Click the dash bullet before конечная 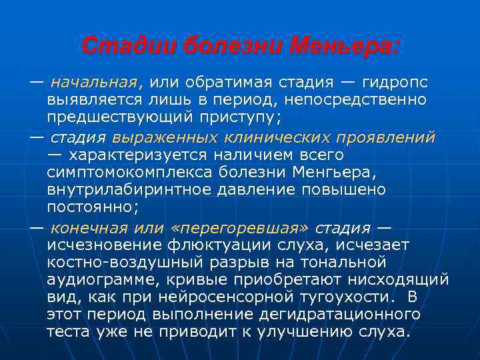37,227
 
